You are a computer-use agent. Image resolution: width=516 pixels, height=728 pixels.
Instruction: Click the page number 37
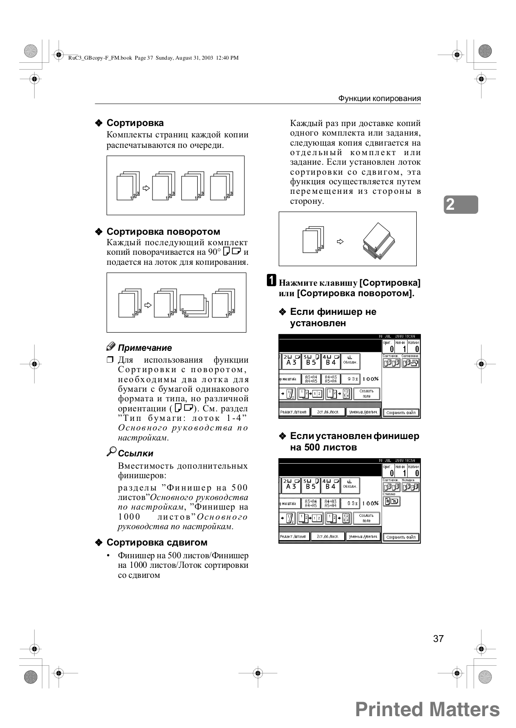click(x=438, y=638)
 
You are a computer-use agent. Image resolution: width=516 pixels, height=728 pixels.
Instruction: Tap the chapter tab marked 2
click(x=461, y=204)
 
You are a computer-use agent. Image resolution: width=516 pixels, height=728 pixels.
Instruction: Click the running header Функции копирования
click(x=379, y=98)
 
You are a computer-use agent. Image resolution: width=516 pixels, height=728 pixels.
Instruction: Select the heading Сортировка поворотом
click(x=163, y=232)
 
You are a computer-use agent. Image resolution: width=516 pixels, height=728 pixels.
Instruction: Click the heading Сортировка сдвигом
click(x=157, y=542)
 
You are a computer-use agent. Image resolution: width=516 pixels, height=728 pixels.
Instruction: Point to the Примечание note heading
click(x=144, y=348)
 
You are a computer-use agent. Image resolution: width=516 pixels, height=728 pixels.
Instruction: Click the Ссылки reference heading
click(x=135, y=454)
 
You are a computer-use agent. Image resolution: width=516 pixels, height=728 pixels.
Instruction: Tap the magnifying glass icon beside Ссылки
click(x=112, y=452)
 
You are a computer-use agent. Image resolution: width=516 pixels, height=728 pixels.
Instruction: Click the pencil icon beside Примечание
click(x=111, y=347)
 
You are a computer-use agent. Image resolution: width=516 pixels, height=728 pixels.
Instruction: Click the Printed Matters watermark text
click(x=427, y=709)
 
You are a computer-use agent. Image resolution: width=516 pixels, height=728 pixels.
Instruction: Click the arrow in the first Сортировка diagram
click(x=146, y=187)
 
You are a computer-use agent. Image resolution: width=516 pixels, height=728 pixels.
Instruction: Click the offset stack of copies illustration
click(x=379, y=242)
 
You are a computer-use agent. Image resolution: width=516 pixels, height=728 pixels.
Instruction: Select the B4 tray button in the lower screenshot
click(x=331, y=485)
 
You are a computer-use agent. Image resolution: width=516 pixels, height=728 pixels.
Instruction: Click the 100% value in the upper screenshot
click(x=371, y=379)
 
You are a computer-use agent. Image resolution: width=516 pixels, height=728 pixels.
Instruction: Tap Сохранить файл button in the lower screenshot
click(x=401, y=537)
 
